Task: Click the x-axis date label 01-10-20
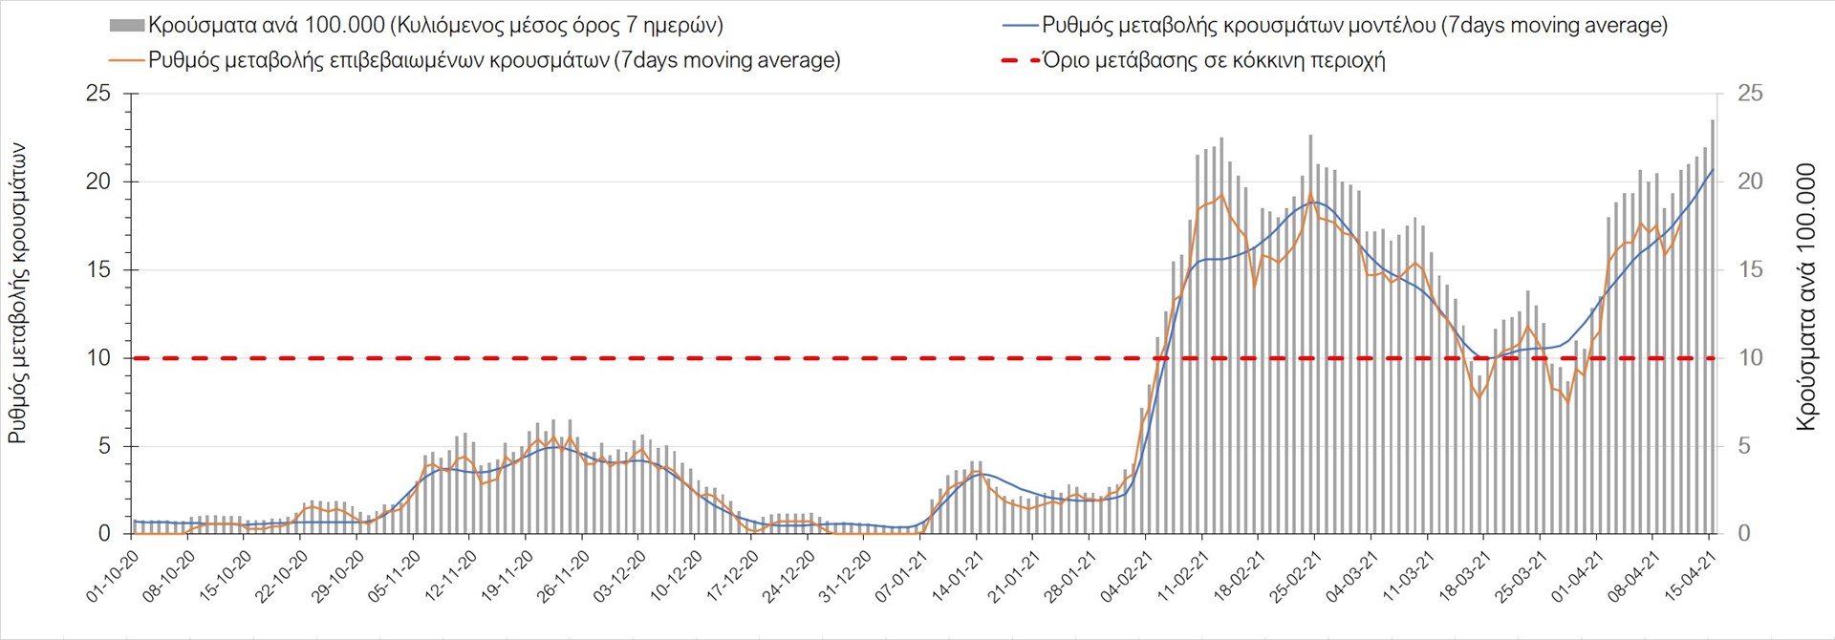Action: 113,576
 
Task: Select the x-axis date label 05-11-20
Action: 395,576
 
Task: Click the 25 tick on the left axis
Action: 98,94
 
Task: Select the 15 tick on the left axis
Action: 98,270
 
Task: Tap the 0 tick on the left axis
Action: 105,534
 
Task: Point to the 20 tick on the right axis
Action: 1749,181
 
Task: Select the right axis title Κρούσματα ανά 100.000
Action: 1805,297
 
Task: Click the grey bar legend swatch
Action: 127,26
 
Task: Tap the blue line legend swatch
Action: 1020,26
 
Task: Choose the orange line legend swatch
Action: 127,60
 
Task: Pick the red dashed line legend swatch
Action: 1020,61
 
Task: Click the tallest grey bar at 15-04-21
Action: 1713,325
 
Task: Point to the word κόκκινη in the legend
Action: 1254,61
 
